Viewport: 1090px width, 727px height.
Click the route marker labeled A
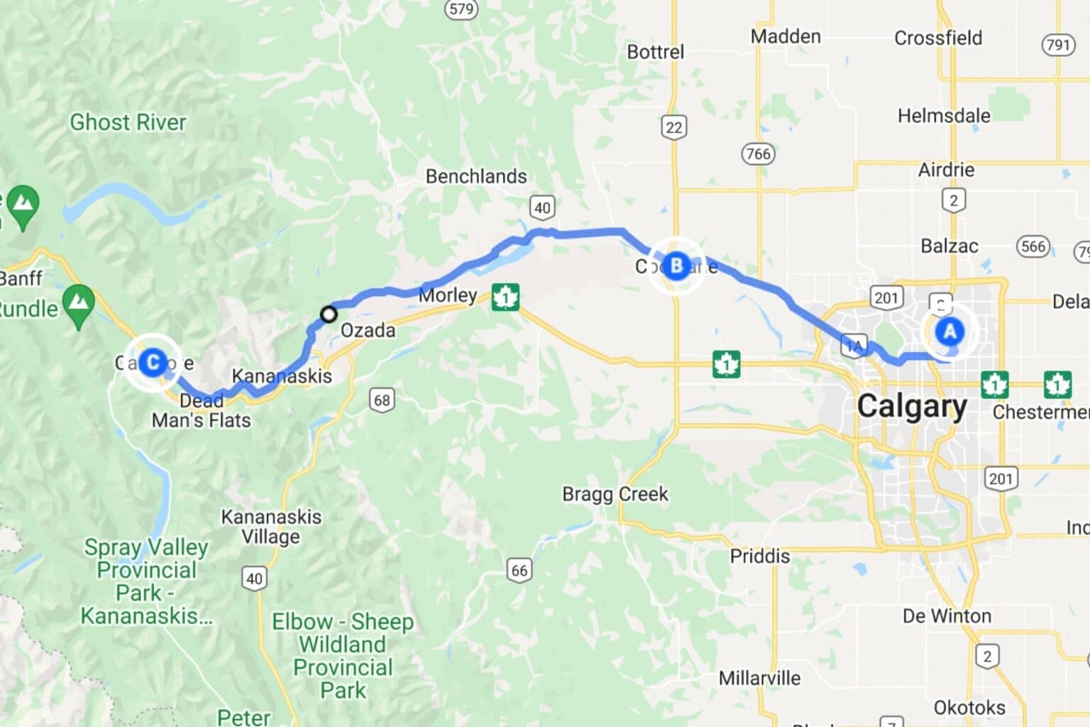[x=949, y=331]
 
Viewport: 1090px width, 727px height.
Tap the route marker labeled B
[x=676, y=266]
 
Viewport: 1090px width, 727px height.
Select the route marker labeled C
[x=152, y=362]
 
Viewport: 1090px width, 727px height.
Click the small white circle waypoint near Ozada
[x=329, y=314]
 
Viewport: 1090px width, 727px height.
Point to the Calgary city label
[x=911, y=406]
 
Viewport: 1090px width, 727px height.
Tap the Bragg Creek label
[x=615, y=493]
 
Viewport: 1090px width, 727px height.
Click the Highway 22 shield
[x=673, y=128]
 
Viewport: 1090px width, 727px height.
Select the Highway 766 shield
[x=758, y=153]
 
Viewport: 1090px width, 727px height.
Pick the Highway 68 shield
[x=382, y=400]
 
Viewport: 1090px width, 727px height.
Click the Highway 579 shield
[x=461, y=9]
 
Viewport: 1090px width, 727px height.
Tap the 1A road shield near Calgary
[x=854, y=346]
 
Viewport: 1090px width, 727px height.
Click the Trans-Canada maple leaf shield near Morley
[x=505, y=297]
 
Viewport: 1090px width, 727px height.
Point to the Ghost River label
[x=128, y=122]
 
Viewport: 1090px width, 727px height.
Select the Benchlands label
[x=476, y=176]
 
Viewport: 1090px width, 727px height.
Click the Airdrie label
[x=946, y=170]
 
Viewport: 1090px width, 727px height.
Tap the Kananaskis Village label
[x=271, y=526]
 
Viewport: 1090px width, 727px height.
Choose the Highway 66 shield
[x=519, y=570]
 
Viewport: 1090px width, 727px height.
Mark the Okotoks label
[x=969, y=707]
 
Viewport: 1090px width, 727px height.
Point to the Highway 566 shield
[x=1033, y=246]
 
